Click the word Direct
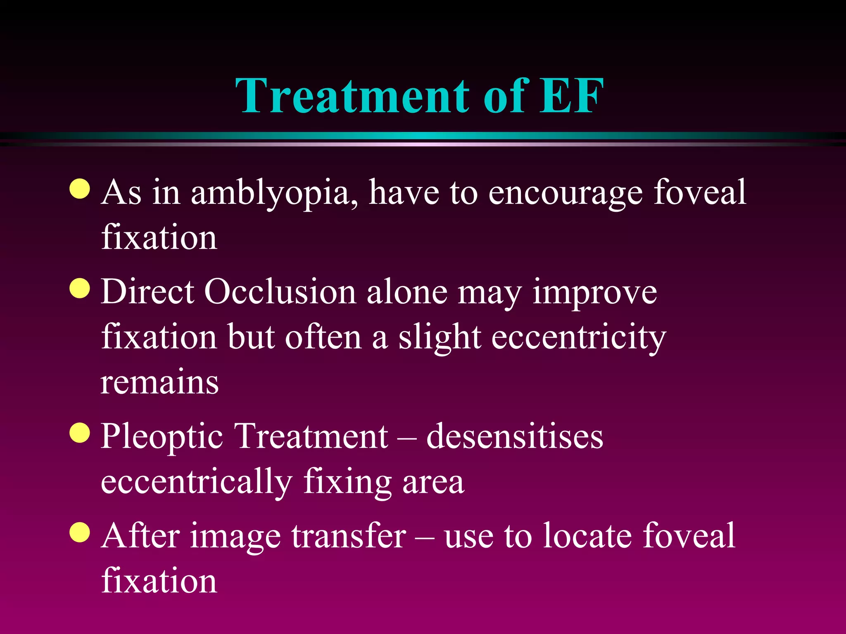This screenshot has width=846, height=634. coord(147,292)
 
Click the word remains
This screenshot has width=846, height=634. coord(159,383)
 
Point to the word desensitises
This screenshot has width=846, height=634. coord(514,437)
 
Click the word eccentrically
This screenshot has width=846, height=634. coord(197,482)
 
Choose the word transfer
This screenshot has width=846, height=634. coord(349,536)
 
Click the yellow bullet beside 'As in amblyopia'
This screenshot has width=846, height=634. coord(80,189)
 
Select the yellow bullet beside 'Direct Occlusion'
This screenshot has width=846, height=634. coord(80,288)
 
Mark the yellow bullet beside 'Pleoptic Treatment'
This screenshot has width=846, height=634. coord(80,433)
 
